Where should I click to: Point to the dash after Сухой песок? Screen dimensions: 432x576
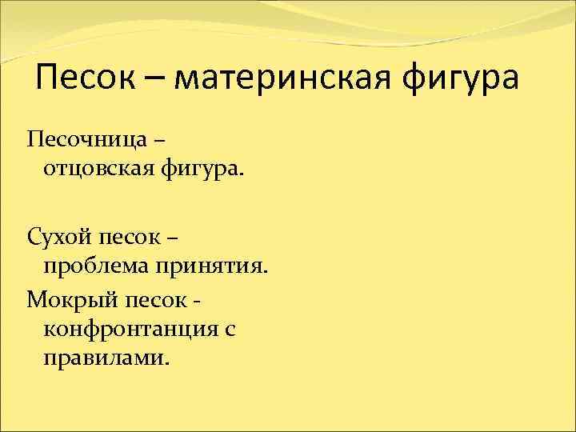(x=174, y=238)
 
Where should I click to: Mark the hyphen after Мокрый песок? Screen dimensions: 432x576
(x=196, y=301)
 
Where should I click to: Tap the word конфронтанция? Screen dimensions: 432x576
(x=130, y=329)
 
